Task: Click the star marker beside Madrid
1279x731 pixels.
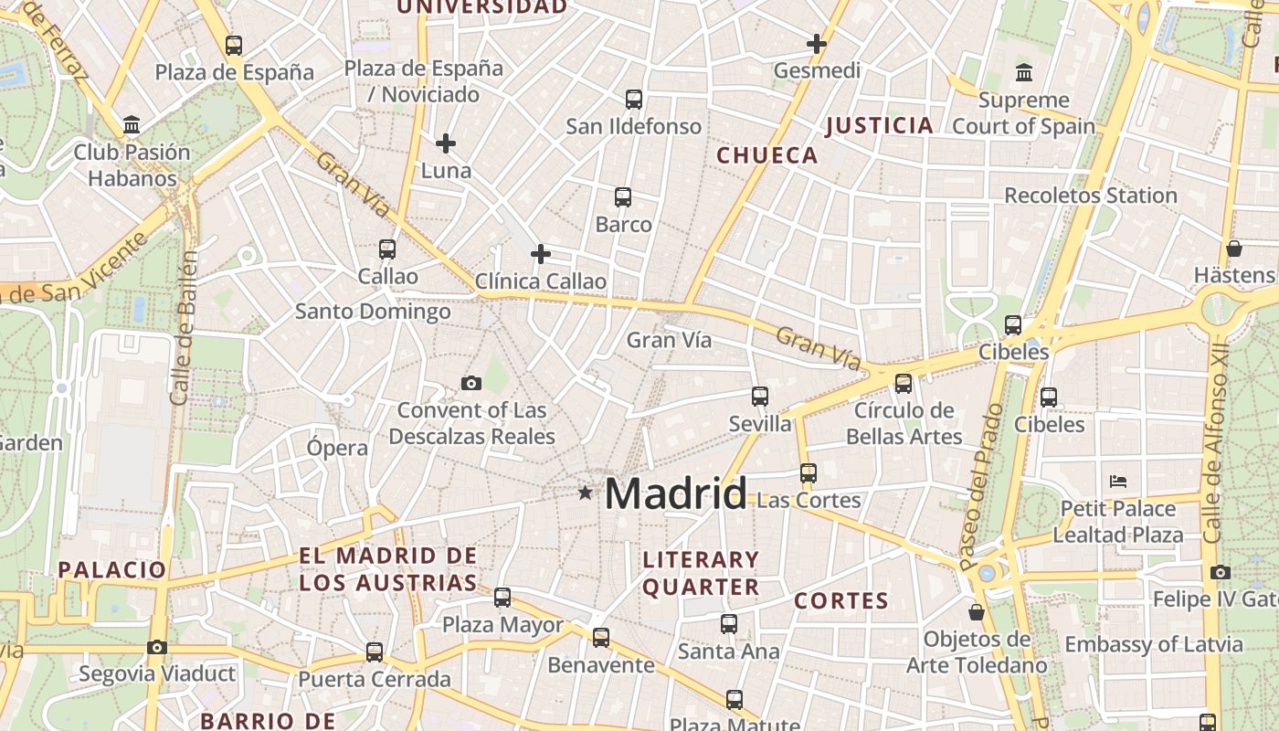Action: coord(585,493)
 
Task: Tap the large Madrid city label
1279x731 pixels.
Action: coord(676,494)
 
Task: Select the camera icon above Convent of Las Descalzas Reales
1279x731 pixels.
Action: coord(471,383)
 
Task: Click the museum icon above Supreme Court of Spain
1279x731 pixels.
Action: coord(1024,72)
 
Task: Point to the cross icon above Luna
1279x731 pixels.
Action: coord(446,143)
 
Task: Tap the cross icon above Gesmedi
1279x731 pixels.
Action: coord(817,43)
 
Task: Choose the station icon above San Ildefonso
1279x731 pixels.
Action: coord(633,99)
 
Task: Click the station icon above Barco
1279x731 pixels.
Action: coord(623,196)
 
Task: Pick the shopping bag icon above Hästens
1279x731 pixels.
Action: coord(1233,249)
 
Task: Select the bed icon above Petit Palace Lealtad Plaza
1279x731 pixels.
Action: coord(1118,481)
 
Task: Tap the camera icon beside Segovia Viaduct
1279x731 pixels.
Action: coord(157,647)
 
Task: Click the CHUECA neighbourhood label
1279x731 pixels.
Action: coord(767,155)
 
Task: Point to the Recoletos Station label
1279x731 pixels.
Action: coord(1091,196)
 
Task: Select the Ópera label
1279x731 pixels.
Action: coord(337,448)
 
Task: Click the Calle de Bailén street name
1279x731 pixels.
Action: coord(184,329)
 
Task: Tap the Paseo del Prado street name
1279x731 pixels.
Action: coord(980,487)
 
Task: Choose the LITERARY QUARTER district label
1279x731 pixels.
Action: coord(701,573)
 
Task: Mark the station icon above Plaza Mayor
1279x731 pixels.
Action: coord(502,598)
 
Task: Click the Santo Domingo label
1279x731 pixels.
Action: coord(373,312)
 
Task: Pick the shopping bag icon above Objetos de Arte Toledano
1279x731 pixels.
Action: coord(977,611)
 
